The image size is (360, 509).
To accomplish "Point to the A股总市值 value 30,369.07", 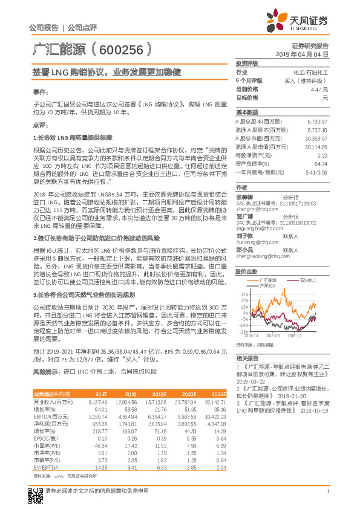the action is tap(315, 137).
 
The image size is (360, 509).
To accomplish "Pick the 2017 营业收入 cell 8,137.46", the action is tap(98, 401).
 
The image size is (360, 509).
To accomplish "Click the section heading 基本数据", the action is tap(247, 112).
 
